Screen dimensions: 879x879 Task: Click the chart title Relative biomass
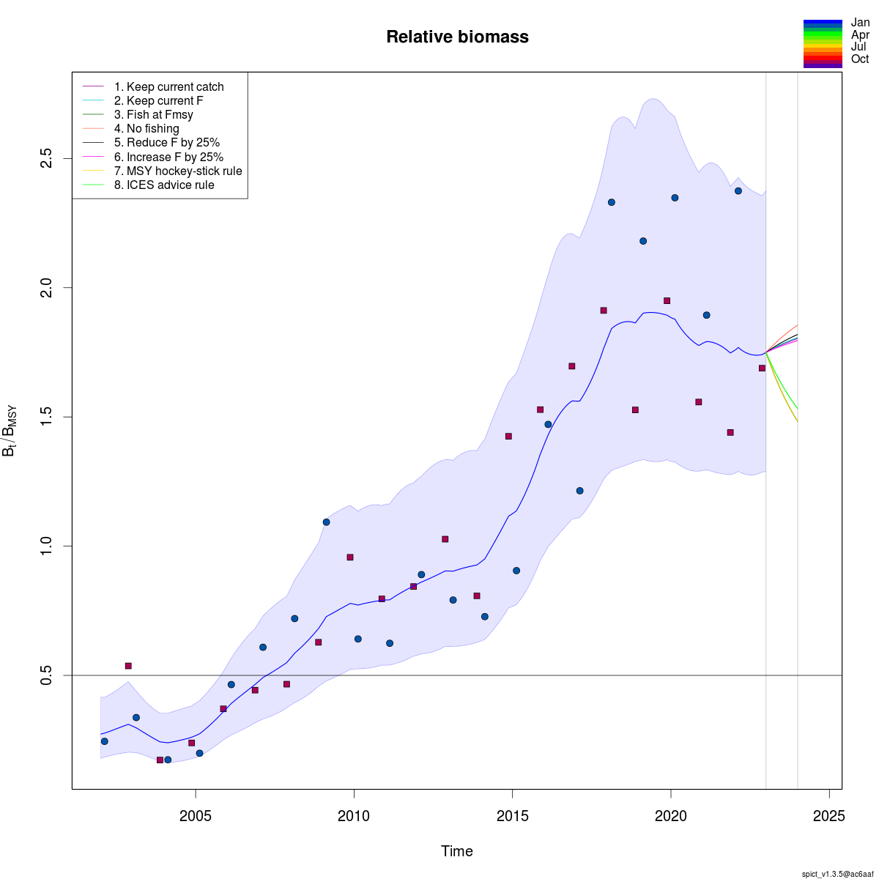tap(457, 37)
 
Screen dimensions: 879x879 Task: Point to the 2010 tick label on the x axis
tap(354, 816)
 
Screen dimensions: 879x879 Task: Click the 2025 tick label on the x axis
tap(829, 816)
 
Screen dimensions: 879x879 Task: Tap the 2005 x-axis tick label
tap(196, 816)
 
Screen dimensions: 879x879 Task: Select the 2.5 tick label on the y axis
tap(46, 158)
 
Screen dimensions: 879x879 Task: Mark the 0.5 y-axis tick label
tap(46, 675)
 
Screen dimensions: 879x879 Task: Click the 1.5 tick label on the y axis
tap(46, 417)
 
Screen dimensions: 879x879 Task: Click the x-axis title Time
tap(457, 851)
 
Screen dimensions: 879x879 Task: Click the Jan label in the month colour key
tap(860, 23)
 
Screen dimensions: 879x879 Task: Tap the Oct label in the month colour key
tap(860, 59)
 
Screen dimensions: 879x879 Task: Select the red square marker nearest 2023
tap(762, 368)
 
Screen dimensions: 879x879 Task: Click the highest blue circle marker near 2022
tap(738, 191)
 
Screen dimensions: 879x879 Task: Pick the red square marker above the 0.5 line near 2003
tap(128, 666)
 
